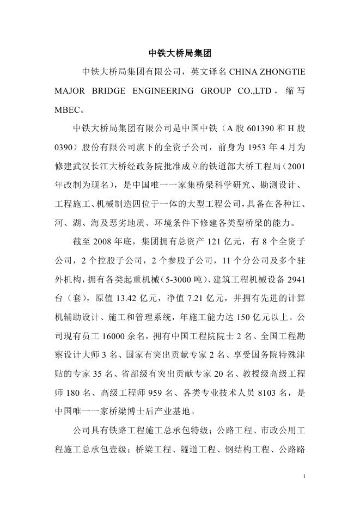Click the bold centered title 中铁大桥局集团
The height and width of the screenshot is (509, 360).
(180, 53)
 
